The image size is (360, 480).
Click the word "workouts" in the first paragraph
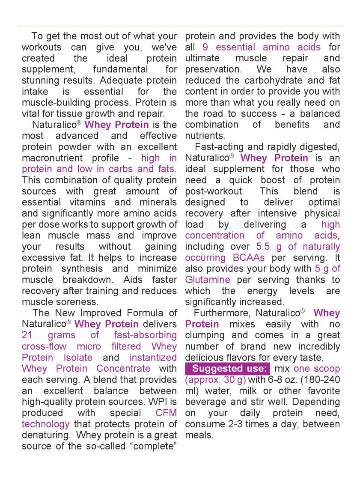pos(42,47)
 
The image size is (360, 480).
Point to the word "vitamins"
pos(112,202)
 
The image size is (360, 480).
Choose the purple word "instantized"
pos(153,358)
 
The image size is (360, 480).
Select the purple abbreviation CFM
pos(166,413)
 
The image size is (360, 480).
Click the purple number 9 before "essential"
pos(205,47)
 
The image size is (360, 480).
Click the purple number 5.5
pos(263,247)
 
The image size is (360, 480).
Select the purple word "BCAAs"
pos(249,258)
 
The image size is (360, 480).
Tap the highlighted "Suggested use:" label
pos(227,369)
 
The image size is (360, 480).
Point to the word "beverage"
pos(206,402)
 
